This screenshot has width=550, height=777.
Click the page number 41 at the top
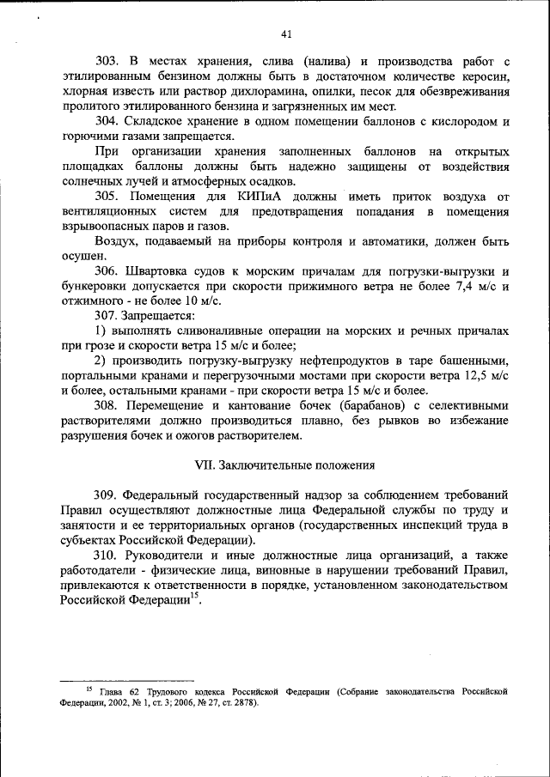(x=286, y=34)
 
